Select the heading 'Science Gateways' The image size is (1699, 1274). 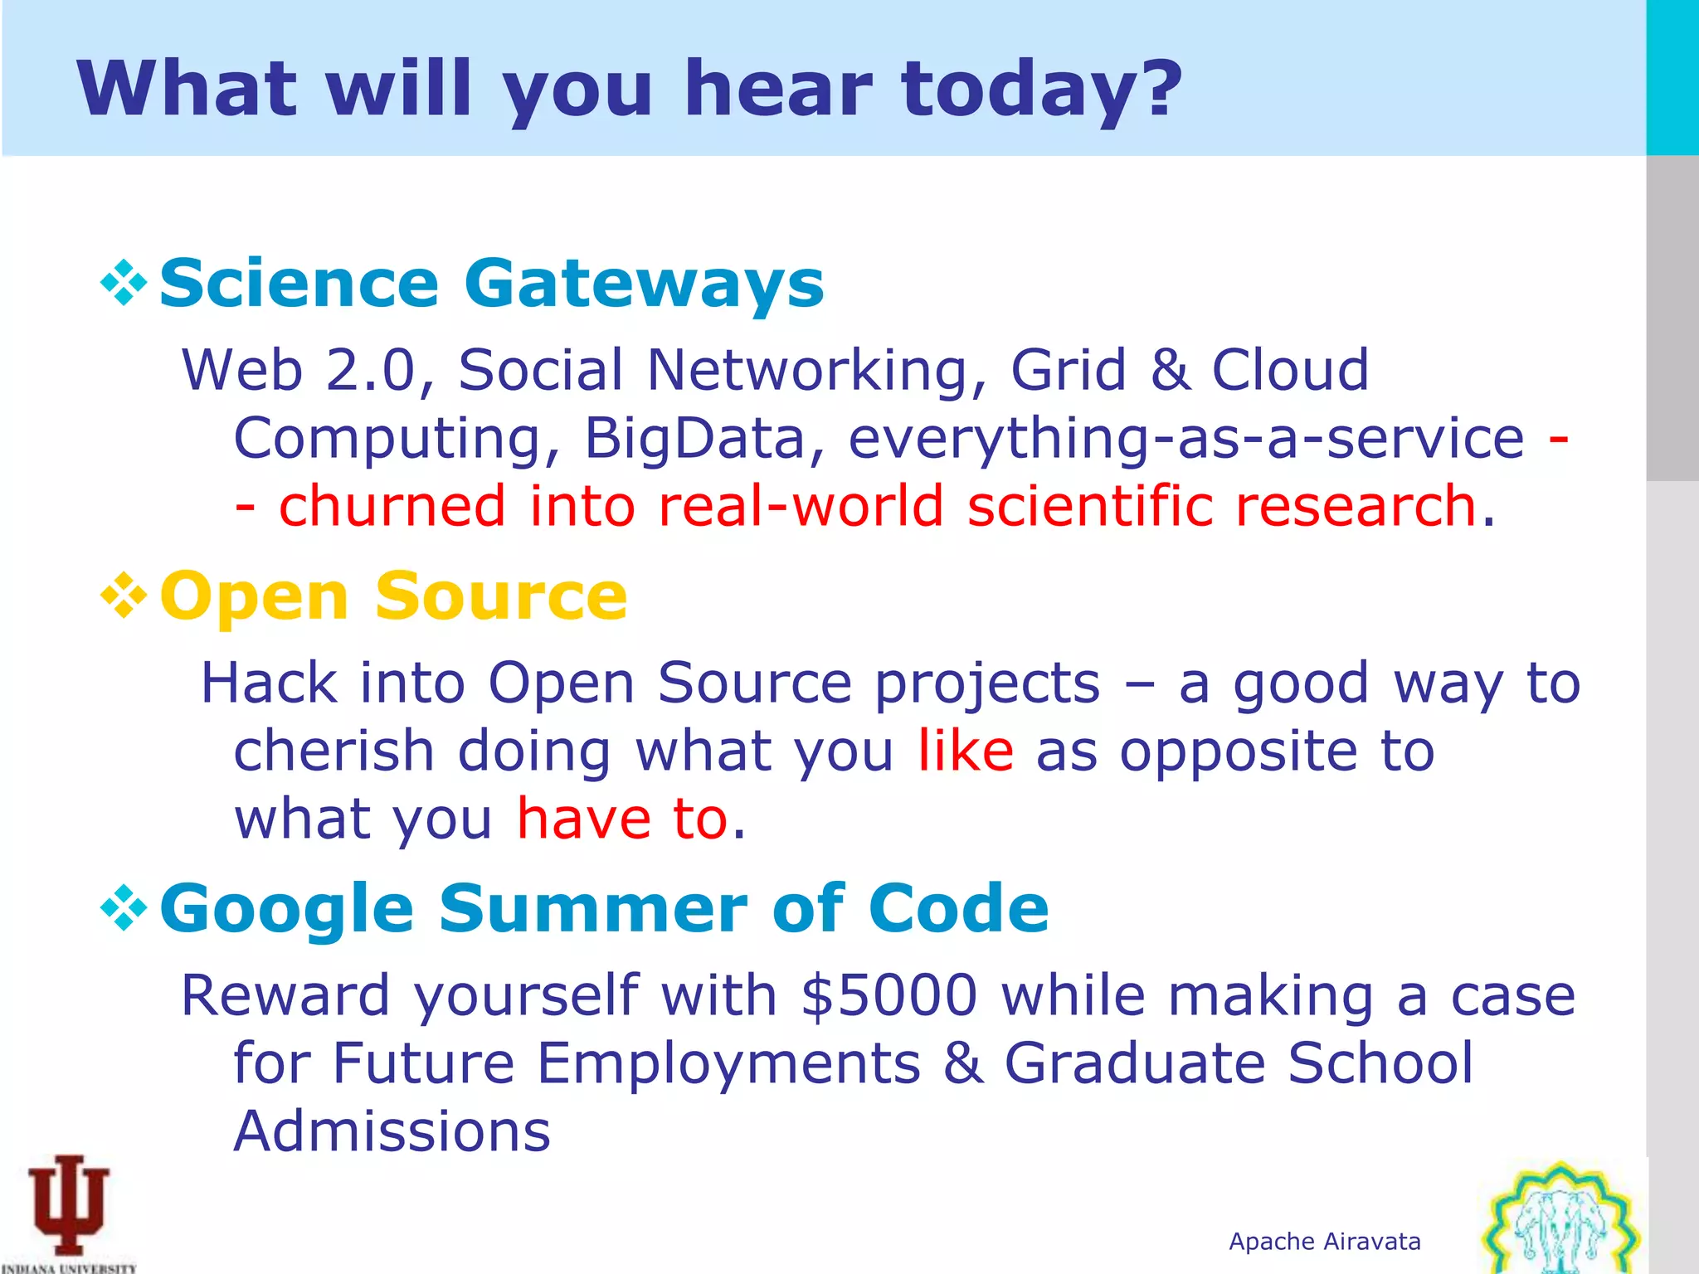[x=491, y=284]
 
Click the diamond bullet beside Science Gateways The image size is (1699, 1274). [x=124, y=284]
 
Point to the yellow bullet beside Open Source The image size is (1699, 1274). [x=124, y=596]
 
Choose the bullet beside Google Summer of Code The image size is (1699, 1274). [x=124, y=908]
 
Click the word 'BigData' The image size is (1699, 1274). [x=695, y=438]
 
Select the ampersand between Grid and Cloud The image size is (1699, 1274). [x=1170, y=370]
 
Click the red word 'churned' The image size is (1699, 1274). [x=392, y=506]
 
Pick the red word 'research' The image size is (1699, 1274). [x=1354, y=506]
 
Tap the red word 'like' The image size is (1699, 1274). [x=965, y=751]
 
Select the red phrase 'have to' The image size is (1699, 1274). [x=622, y=819]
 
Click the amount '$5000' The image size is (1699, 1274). [x=889, y=995]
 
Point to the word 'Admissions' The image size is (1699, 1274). [x=392, y=1131]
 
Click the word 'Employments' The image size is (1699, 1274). [x=728, y=1063]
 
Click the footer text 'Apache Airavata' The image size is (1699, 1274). [x=1325, y=1242]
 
